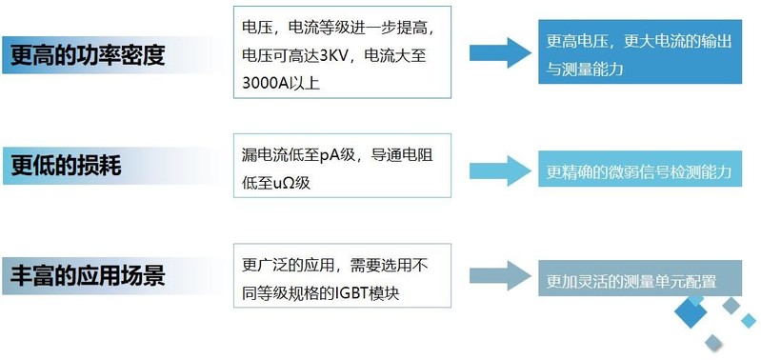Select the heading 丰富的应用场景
click(87, 276)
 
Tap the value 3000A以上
click(282, 82)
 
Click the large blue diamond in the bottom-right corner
click(692, 314)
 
